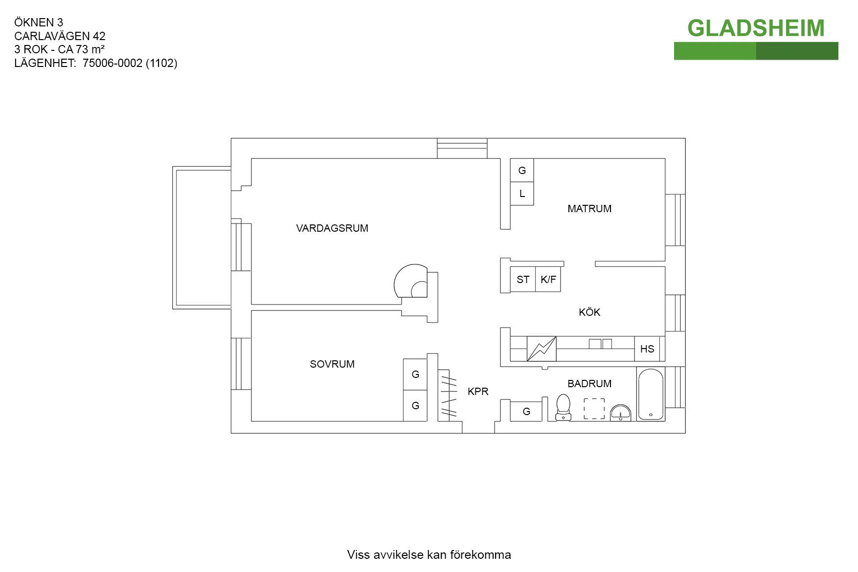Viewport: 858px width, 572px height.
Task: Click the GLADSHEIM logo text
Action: coord(755,28)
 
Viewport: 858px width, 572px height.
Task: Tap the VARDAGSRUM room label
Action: coord(332,228)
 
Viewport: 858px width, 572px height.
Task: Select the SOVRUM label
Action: coord(332,364)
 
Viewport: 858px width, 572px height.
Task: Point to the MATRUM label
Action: coord(589,209)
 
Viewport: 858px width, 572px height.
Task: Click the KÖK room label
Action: coord(589,312)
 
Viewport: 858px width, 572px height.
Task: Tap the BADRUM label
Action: coord(589,384)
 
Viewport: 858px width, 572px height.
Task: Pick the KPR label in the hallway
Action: coord(478,392)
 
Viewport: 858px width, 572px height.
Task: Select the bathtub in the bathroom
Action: coord(651,395)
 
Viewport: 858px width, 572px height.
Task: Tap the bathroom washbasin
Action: coord(621,413)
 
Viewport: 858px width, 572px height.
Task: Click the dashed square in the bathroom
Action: coord(594,409)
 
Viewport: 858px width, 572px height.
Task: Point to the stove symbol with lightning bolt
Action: coord(542,349)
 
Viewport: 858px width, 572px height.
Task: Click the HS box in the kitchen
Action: coord(647,349)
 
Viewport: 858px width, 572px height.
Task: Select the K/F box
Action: coord(548,280)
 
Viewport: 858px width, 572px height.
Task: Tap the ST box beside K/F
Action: coord(522,280)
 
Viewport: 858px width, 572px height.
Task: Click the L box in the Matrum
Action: coord(522,194)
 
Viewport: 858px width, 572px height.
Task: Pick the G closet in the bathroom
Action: coord(526,412)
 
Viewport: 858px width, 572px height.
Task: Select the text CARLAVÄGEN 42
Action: coord(60,36)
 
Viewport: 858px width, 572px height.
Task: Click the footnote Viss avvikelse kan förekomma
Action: coord(429,555)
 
